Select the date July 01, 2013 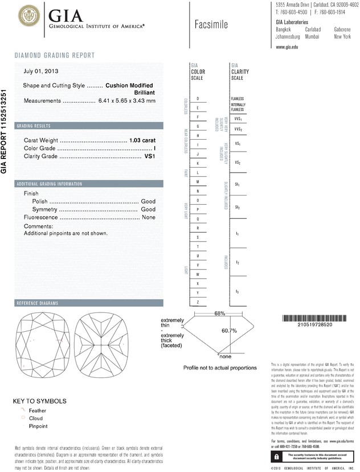click(41, 71)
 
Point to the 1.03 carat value click(142, 140)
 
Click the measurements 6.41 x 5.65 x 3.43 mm click(126, 100)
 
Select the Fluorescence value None click(149, 217)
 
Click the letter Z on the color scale click(198, 301)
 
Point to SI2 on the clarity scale click(237, 207)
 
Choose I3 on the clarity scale click(237, 291)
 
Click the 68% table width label click(204, 314)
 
